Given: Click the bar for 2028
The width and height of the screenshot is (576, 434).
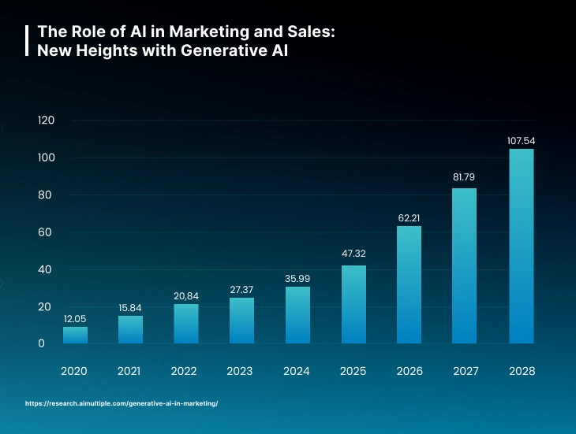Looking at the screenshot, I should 521,246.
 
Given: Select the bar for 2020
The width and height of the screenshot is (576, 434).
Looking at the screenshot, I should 75,335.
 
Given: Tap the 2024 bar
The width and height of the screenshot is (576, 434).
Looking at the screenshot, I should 297,315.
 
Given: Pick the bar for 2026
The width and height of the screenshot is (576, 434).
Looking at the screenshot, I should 409,284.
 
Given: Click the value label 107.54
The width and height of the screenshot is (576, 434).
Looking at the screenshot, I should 521,141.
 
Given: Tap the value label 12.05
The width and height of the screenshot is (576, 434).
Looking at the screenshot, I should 75,318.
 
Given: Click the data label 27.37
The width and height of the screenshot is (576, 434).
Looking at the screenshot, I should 241,289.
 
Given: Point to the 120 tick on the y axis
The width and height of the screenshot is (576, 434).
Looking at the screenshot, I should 45,121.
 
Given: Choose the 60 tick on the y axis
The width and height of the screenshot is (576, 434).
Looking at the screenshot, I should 45,232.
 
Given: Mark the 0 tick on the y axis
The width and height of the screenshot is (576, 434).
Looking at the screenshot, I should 41,343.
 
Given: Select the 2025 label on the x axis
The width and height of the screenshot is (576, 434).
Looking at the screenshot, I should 353,371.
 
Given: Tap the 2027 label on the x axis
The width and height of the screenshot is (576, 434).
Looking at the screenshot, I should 465,371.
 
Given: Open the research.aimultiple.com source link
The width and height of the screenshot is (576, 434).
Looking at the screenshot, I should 122,403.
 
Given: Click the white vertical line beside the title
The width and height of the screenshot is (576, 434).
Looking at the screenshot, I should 28,41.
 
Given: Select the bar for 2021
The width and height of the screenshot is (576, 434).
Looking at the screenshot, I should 130,329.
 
